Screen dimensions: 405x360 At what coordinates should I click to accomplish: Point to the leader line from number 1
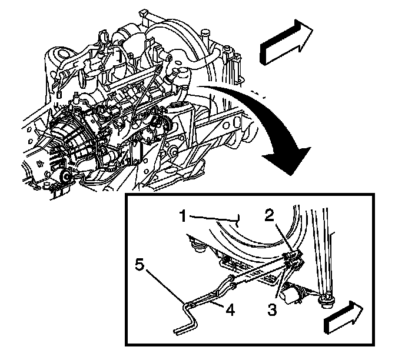[x=218, y=219]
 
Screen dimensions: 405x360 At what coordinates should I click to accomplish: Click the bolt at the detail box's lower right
[x=326, y=302]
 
